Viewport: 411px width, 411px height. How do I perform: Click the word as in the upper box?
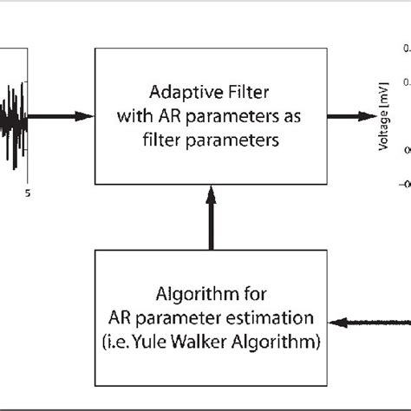tap(283, 115)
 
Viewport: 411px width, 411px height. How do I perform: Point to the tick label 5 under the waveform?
tap(28, 194)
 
